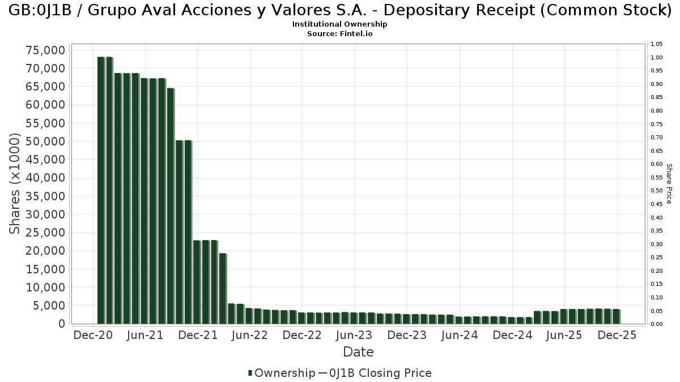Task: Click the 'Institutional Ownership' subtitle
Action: tap(339, 24)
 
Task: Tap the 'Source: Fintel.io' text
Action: tap(339, 33)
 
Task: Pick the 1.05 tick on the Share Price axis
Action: tap(657, 44)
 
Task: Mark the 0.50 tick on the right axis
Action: tap(657, 191)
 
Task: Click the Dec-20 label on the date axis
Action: tap(93, 335)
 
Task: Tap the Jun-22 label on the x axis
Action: tap(250, 335)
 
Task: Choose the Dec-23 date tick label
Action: tap(407, 335)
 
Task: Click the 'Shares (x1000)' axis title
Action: tap(16, 184)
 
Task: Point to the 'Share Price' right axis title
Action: tap(669, 184)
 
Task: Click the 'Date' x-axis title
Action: tap(358, 352)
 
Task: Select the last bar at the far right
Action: tap(616, 316)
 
